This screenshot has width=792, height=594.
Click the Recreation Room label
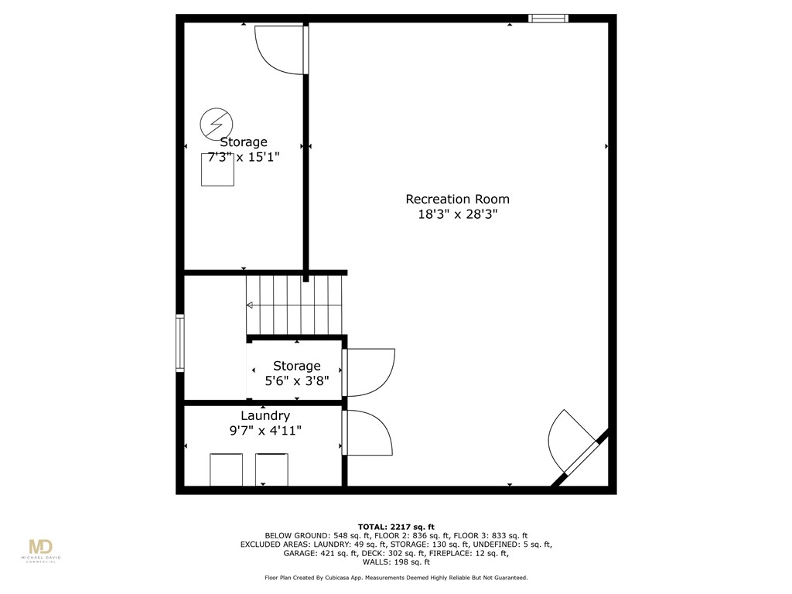(x=457, y=200)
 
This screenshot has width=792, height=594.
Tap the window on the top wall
(x=548, y=19)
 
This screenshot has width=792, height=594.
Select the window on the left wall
(x=180, y=343)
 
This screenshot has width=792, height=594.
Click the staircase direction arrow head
(x=250, y=306)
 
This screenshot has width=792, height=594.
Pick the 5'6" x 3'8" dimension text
(x=296, y=381)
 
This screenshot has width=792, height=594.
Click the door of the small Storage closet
(x=370, y=372)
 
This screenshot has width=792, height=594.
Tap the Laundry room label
(x=265, y=415)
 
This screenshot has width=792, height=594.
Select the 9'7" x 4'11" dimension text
(x=265, y=430)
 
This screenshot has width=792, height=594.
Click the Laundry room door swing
(x=368, y=433)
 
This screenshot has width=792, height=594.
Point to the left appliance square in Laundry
(x=226, y=469)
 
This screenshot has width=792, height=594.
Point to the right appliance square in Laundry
(x=271, y=469)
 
